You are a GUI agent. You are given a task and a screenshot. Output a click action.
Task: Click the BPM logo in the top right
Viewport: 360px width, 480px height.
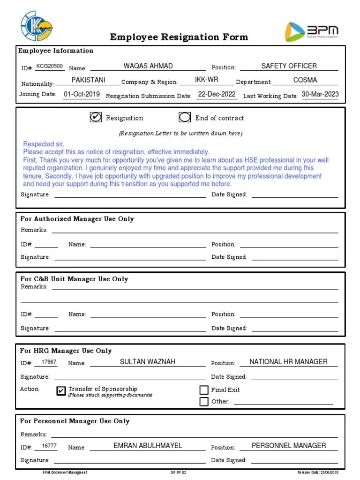click(x=311, y=31)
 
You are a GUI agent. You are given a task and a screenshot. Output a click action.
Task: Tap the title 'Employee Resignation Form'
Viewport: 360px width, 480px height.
click(x=179, y=37)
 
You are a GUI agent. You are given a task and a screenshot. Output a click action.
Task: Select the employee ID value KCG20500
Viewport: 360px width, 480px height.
click(x=49, y=66)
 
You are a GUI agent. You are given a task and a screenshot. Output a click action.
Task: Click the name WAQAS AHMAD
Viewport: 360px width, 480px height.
click(x=148, y=66)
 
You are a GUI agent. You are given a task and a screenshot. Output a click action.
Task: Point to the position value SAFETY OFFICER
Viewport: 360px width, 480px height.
click(x=289, y=66)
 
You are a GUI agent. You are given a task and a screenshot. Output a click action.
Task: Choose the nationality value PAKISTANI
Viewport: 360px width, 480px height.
click(x=88, y=80)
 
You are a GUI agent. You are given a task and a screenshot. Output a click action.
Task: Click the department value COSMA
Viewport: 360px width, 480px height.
click(x=305, y=80)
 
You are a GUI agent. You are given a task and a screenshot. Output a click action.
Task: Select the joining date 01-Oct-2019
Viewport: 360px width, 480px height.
click(x=82, y=94)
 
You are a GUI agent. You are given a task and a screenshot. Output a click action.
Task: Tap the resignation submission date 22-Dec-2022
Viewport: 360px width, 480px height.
click(x=217, y=94)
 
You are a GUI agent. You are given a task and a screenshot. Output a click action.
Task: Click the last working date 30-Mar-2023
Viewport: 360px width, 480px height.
click(x=320, y=94)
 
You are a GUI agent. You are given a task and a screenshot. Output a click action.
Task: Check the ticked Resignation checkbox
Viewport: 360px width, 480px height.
click(x=96, y=117)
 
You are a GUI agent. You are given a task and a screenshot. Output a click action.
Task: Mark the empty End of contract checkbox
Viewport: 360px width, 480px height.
click(x=185, y=117)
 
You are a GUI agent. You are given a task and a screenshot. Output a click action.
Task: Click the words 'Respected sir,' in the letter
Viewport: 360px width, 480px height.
click(x=44, y=144)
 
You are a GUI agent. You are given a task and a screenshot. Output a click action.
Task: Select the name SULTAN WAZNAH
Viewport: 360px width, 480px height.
click(x=148, y=362)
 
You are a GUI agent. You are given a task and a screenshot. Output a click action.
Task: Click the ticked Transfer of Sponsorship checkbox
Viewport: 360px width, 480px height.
click(x=61, y=391)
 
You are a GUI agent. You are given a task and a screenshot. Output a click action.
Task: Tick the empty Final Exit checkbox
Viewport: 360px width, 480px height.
click(x=204, y=390)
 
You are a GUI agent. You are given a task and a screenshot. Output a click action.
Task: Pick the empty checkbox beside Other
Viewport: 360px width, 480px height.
click(x=204, y=401)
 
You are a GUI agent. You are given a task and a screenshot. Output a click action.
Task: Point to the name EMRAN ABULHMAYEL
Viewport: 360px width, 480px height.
click(x=148, y=446)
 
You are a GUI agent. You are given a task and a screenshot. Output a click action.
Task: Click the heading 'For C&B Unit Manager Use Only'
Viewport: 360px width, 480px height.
click(x=74, y=279)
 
